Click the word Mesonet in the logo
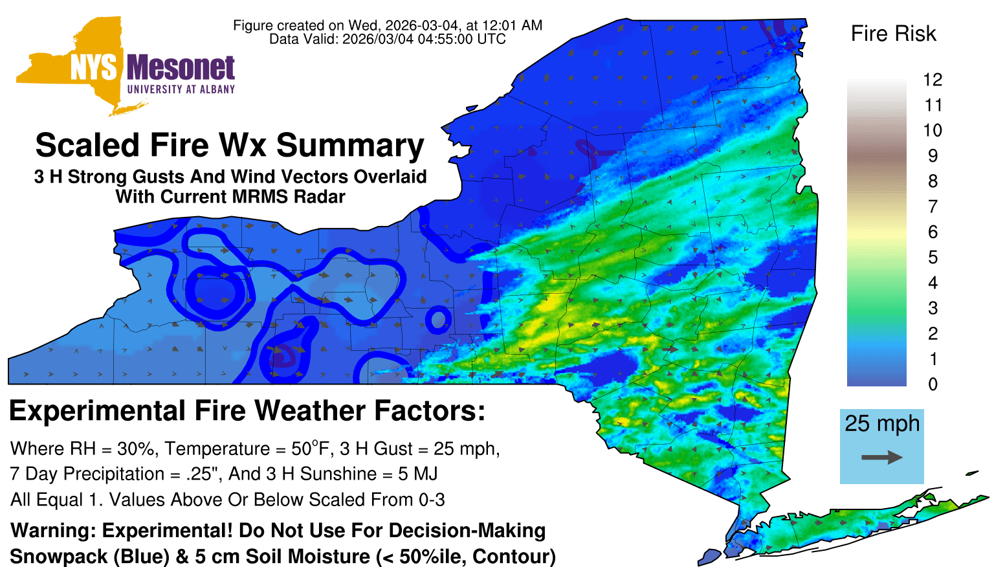click(181, 68)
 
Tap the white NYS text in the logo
click(93, 68)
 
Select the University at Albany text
click(181, 89)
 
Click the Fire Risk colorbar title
click(893, 34)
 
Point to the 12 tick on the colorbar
click(933, 80)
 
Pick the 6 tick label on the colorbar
click(933, 232)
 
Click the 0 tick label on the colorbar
click(933, 384)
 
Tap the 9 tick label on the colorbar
click(933, 156)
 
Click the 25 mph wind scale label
click(882, 424)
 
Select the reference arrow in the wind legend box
click(882, 457)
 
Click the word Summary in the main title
click(350, 146)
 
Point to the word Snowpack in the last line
click(59, 557)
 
